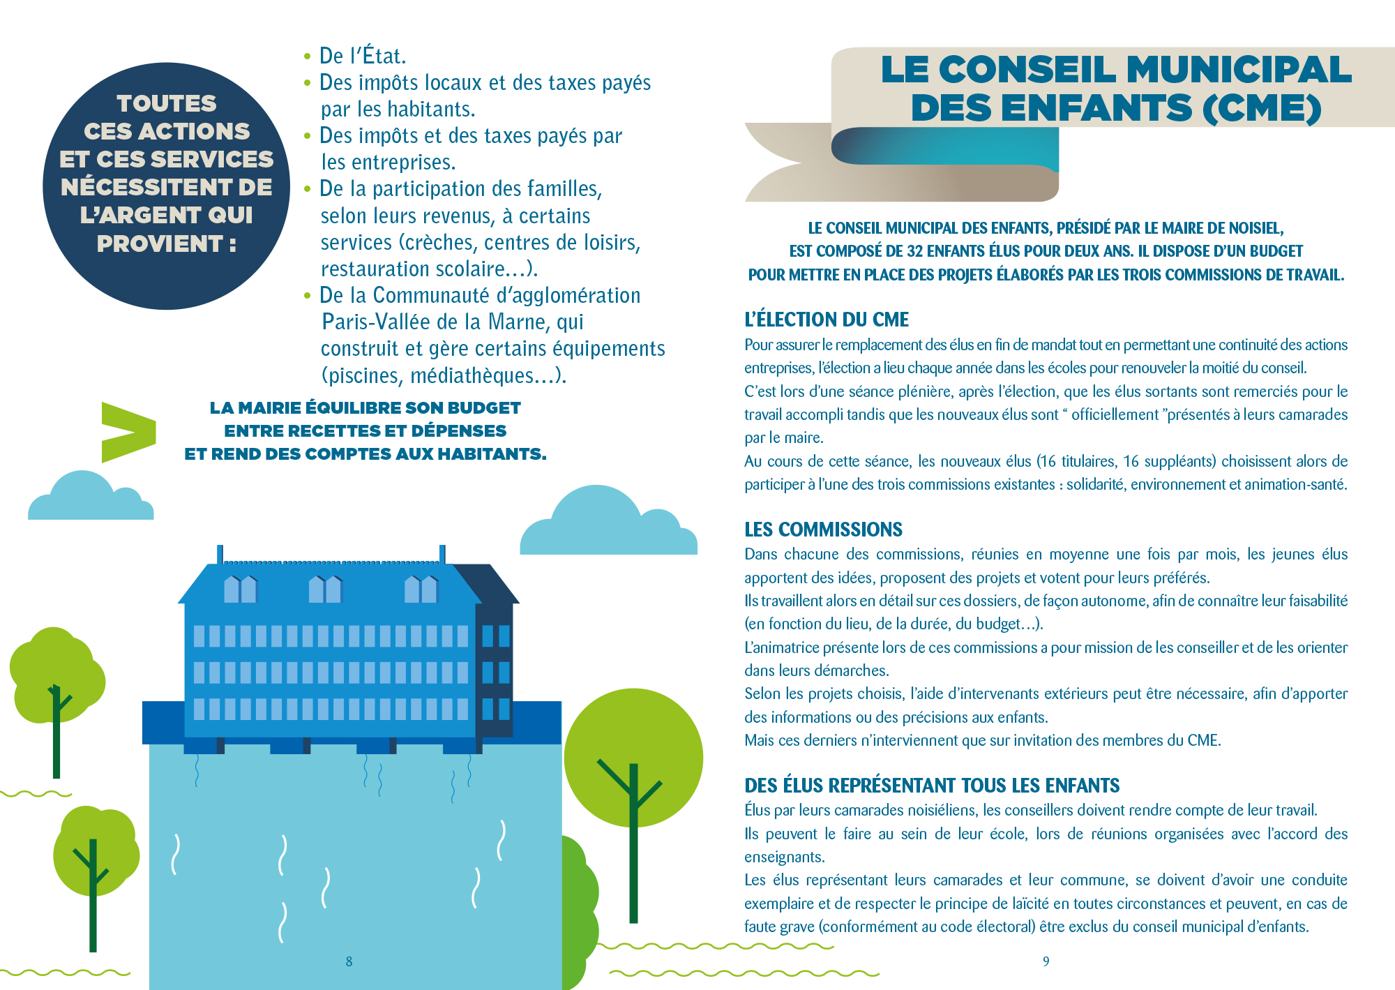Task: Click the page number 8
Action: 349,961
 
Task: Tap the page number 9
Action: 1046,961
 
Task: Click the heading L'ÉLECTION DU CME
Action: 827,320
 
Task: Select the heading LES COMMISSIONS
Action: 823,530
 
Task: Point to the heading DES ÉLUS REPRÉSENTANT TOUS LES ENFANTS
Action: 932,786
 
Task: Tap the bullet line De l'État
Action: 362,56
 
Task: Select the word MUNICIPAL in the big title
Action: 1239,70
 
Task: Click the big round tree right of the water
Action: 633,757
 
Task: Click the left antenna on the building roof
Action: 220,554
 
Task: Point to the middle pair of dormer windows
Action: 325,590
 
